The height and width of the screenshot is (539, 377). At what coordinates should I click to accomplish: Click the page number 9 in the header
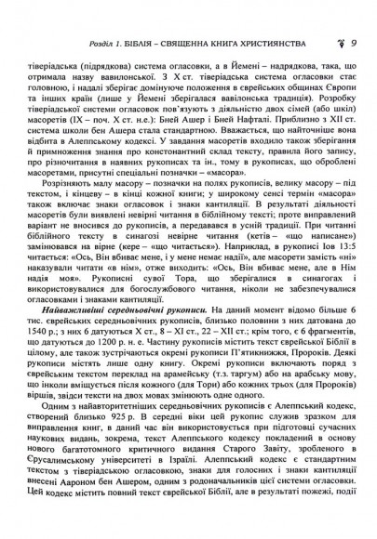tap(356, 14)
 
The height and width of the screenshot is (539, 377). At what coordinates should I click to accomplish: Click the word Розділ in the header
tap(77, 14)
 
